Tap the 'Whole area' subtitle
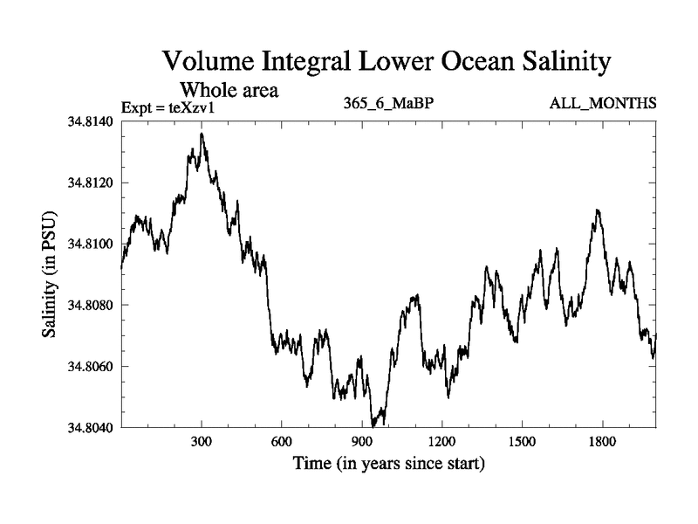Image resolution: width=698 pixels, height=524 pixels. (x=229, y=90)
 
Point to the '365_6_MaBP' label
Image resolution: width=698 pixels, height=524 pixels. (x=389, y=104)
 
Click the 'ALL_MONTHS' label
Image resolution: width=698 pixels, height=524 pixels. (x=603, y=104)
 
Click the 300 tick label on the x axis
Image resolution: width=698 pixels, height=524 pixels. (x=202, y=442)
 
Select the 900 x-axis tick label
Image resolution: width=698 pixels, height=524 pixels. (x=362, y=442)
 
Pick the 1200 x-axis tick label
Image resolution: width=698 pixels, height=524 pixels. (x=442, y=442)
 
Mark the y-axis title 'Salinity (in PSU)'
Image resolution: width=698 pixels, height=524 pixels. (x=49, y=274)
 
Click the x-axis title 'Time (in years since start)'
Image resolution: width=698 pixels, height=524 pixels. (x=388, y=463)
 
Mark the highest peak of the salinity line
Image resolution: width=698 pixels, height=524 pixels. (x=202, y=134)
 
